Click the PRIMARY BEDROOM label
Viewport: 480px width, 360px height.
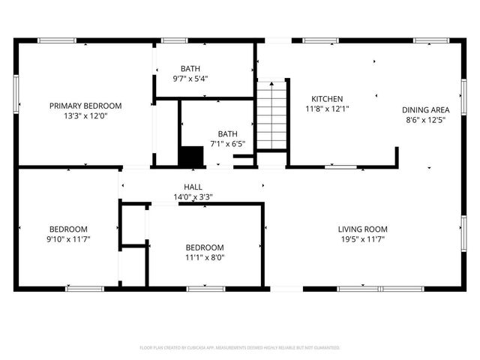[x=85, y=106]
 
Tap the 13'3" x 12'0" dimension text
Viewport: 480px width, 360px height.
[x=85, y=116]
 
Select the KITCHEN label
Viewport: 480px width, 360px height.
[x=328, y=98]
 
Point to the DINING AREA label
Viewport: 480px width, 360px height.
[x=426, y=109]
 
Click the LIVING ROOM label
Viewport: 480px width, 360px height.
[x=362, y=229]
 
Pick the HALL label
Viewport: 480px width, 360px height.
[x=193, y=187]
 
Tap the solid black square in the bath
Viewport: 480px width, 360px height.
[x=191, y=156]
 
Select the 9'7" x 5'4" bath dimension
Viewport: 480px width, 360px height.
[x=190, y=78]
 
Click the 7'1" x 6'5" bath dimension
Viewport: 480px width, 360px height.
[x=227, y=144]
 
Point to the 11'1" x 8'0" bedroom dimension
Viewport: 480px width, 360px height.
[x=205, y=258]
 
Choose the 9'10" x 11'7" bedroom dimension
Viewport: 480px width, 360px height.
[x=69, y=239]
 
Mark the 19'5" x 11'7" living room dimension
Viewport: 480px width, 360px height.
[x=362, y=239]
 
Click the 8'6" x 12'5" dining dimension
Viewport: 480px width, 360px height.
[x=426, y=119]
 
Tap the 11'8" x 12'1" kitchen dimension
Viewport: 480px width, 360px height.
[x=328, y=109]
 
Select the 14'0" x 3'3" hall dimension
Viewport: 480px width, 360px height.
[x=193, y=197]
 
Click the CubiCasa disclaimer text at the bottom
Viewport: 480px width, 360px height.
[x=240, y=348]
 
